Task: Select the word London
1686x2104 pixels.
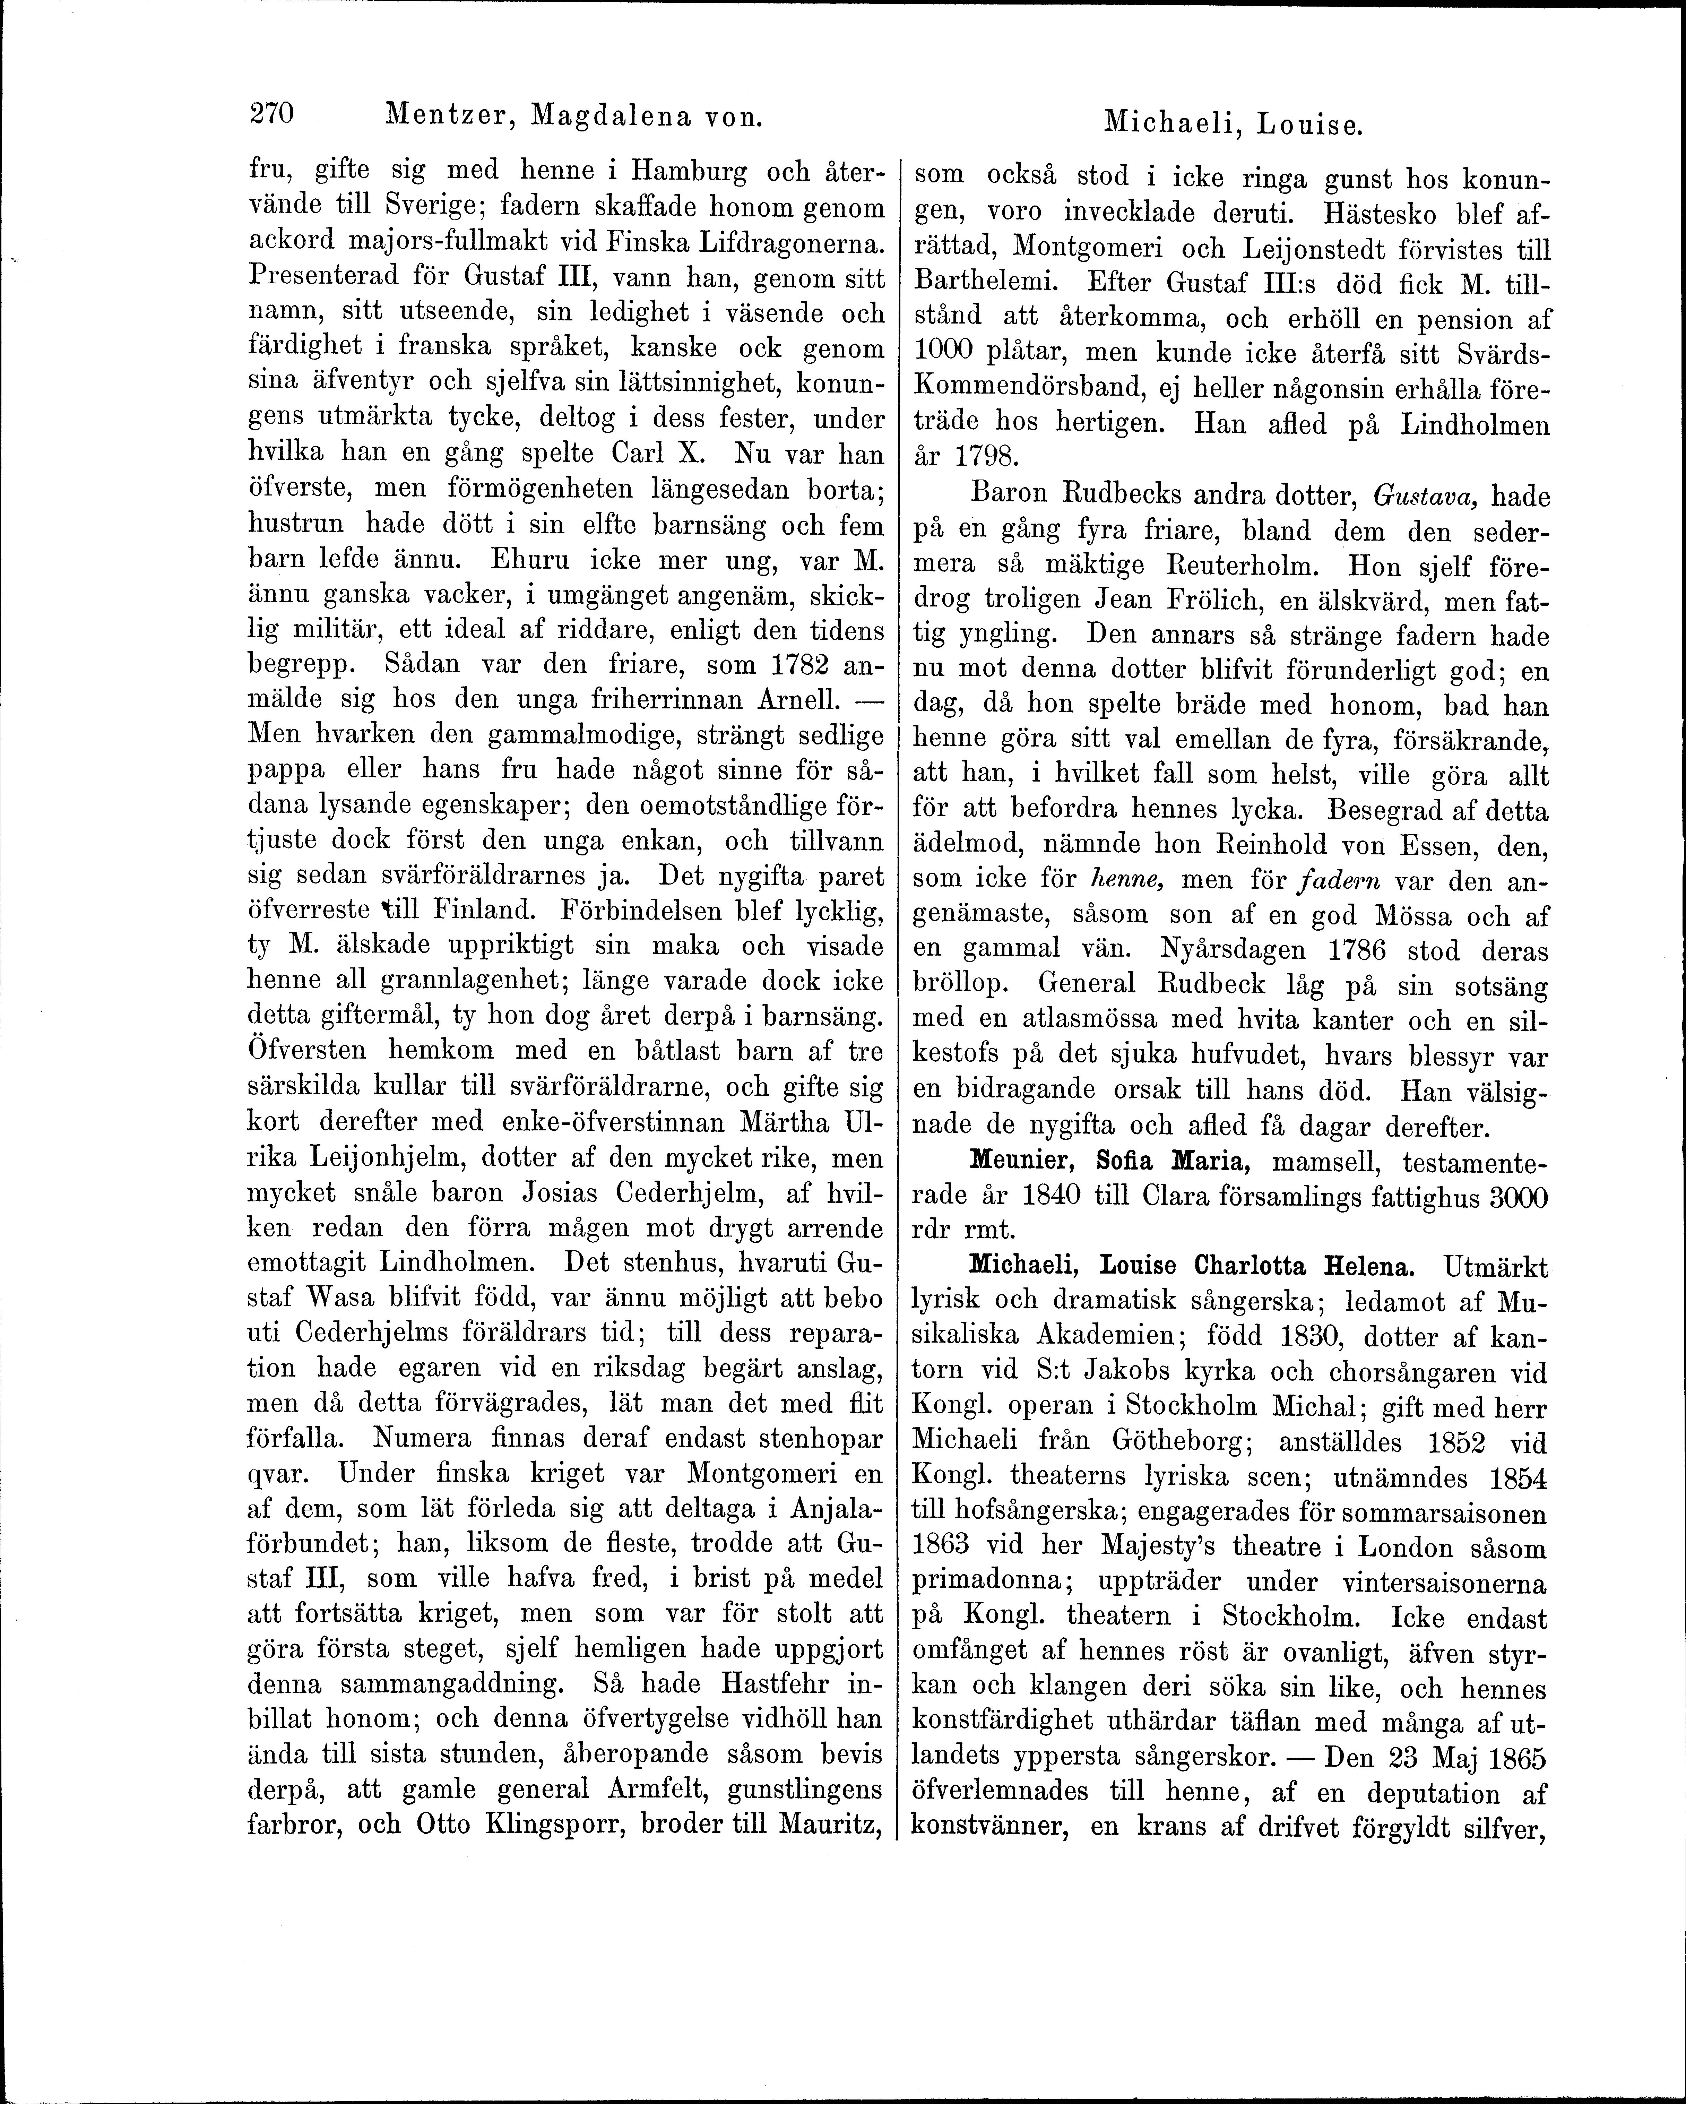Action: tap(1401, 1549)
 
